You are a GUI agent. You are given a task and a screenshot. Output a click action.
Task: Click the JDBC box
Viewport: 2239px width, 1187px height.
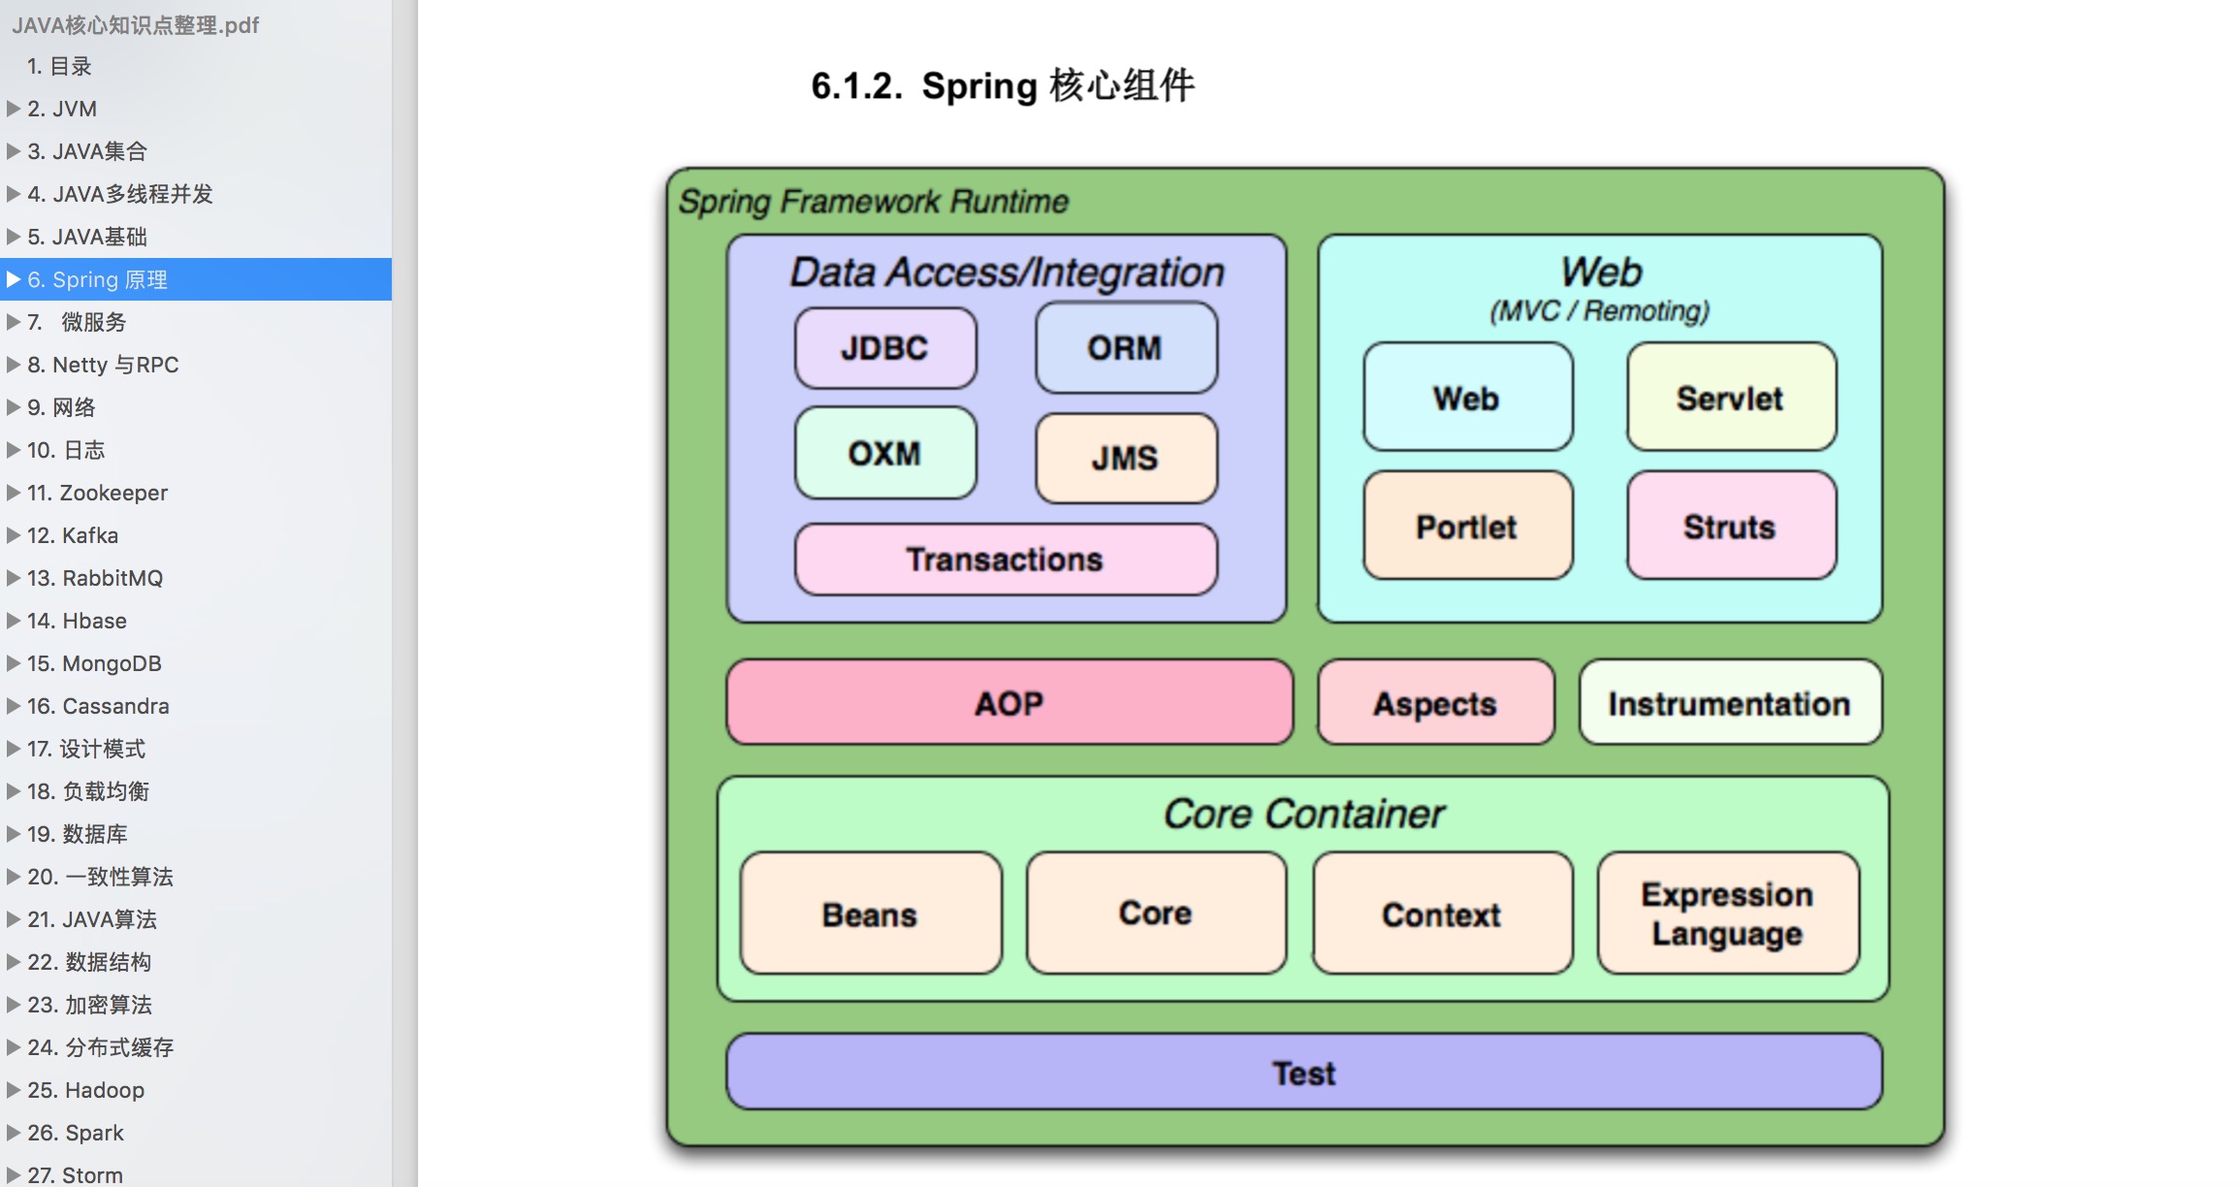pyautogui.click(x=885, y=348)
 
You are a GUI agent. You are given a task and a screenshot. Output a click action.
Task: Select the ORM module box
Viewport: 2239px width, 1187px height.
pyautogui.click(x=1126, y=347)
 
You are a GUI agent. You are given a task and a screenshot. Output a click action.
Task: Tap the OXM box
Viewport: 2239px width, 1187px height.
pyautogui.click(x=885, y=453)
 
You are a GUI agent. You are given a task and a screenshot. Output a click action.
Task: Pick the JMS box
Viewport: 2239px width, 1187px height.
pyautogui.click(x=1126, y=458)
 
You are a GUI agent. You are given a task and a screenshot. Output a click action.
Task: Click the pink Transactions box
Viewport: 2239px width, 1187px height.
pyautogui.click(x=1006, y=560)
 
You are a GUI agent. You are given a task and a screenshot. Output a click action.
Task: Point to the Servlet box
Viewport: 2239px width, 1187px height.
pyautogui.click(x=1731, y=397)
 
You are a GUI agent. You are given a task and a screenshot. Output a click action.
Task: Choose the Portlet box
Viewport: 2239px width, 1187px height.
pyautogui.click(x=1467, y=526)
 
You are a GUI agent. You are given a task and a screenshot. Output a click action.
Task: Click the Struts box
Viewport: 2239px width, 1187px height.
pyautogui.click(x=1731, y=526)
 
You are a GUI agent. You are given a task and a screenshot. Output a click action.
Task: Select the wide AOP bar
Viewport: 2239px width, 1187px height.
pyautogui.click(x=1009, y=702)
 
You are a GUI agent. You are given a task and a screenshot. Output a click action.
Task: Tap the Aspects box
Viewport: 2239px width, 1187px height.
pyautogui.click(x=1435, y=702)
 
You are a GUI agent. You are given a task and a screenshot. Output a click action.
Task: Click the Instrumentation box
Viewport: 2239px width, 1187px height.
pyautogui.click(x=1730, y=702)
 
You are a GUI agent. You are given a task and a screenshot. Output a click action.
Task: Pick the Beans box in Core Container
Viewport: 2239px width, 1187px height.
pyautogui.click(x=871, y=913)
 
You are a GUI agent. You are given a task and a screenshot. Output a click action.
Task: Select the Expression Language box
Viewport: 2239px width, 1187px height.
pyautogui.click(x=1728, y=913)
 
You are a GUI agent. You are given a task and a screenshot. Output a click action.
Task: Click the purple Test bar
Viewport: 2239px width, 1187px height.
pyautogui.click(x=1304, y=1072)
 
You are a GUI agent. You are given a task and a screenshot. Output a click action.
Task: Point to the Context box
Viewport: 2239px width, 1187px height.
pyautogui.click(x=1442, y=913)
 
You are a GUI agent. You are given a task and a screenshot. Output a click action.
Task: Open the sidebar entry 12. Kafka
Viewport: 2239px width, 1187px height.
pyautogui.click(x=73, y=535)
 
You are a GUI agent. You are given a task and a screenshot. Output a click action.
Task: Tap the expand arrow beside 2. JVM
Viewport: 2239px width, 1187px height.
pyautogui.click(x=14, y=109)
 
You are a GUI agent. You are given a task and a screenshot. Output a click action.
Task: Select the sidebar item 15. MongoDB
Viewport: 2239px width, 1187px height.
pyautogui.click(x=94, y=663)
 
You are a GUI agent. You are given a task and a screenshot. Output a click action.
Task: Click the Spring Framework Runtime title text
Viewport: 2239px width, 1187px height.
pyautogui.click(x=874, y=202)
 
